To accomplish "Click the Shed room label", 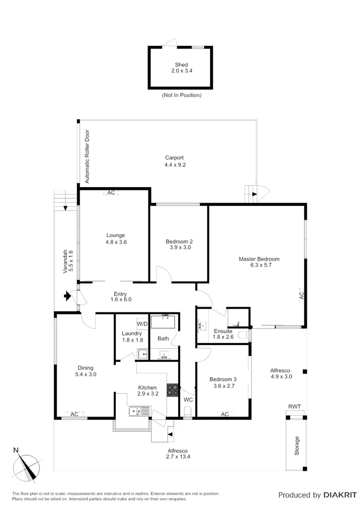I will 181,65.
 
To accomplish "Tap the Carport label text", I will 174,158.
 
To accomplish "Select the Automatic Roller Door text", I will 87,156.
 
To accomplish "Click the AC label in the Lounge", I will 111,193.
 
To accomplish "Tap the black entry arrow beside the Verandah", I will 68,296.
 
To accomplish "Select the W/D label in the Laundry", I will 142,324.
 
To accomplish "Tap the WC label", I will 188,400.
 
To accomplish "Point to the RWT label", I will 295,406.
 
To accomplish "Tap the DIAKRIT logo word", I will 340,495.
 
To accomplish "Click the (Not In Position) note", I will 181,95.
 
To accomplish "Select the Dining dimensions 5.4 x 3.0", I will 86,375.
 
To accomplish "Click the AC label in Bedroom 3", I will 225,414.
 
